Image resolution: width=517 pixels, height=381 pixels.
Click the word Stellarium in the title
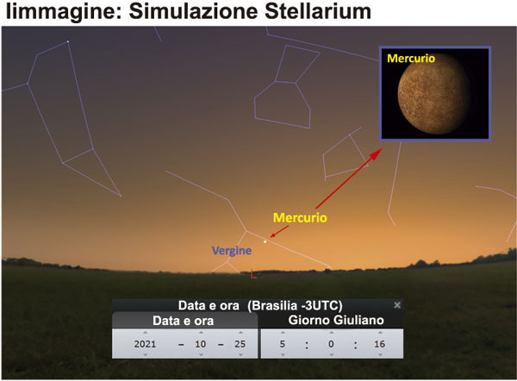(x=318, y=11)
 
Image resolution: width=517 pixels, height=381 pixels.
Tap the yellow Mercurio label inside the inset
(x=411, y=59)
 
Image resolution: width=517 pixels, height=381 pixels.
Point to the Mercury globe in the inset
(x=433, y=93)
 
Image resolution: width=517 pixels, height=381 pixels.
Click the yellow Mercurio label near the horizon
(x=300, y=218)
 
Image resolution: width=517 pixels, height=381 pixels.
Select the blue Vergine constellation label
(x=232, y=251)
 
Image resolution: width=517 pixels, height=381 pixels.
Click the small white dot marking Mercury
(x=265, y=242)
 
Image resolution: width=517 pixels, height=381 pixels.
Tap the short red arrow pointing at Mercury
(x=279, y=232)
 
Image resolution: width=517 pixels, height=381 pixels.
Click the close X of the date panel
(x=397, y=305)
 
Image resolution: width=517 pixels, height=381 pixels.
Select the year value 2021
(x=145, y=344)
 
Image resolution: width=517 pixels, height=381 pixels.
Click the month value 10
(x=201, y=344)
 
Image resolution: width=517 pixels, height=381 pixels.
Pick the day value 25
(x=240, y=344)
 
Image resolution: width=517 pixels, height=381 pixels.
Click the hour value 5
(x=283, y=344)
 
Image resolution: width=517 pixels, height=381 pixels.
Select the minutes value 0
(x=331, y=344)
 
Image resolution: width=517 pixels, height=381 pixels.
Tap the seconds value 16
(x=379, y=344)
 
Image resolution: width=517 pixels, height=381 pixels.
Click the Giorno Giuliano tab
(x=336, y=321)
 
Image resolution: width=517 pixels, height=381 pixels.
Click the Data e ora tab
(x=183, y=321)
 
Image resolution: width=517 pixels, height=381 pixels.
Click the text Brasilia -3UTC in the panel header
(x=295, y=305)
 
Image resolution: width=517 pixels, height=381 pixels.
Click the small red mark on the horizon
(x=253, y=274)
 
